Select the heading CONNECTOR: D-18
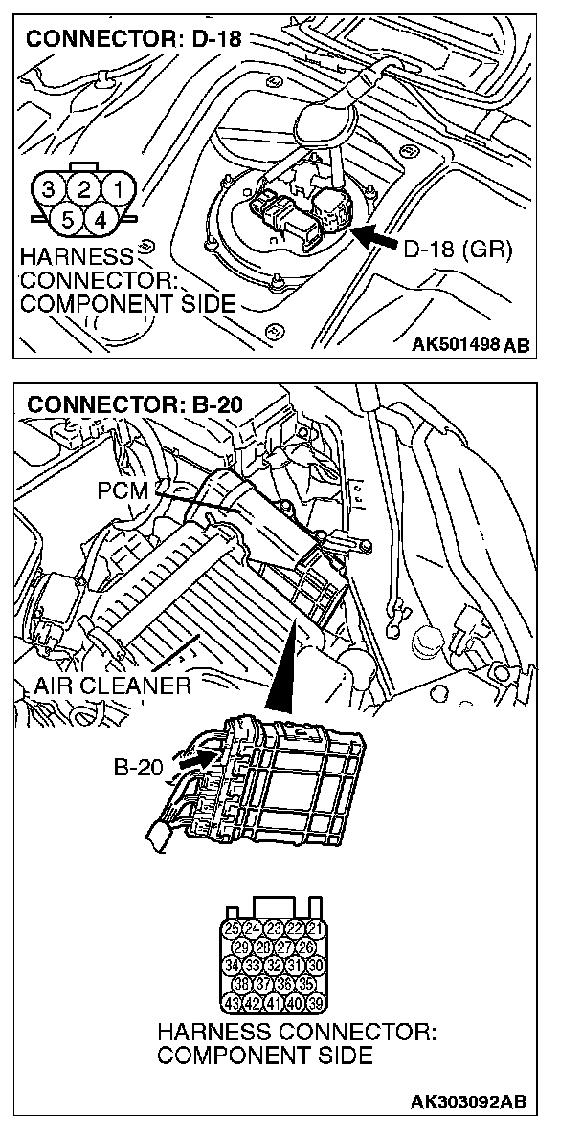pyautogui.click(x=133, y=40)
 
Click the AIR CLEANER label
pyautogui.click(x=111, y=686)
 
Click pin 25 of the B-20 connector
pyautogui.click(x=232, y=928)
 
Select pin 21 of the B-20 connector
pyautogui.click(x=317, y=928)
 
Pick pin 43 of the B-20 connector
pyautogui.click(x=232, y=1004)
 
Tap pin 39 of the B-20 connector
pyautogui.click(x=317, y=1004)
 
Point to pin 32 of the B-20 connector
pyautogui.click(x=274, y=966)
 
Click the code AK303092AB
pyautogui.click(x=468, y=1101)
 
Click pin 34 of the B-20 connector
pyautogui.click(x=232, y=966)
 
